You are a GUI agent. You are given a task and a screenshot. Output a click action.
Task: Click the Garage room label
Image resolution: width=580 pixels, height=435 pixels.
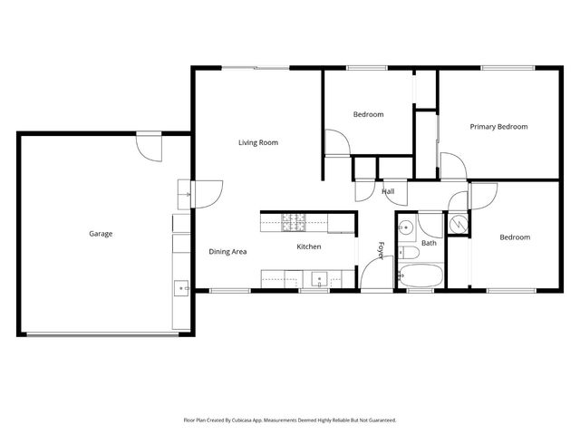[101, 234]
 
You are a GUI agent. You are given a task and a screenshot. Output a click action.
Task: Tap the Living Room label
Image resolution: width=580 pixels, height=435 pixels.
[258, 142]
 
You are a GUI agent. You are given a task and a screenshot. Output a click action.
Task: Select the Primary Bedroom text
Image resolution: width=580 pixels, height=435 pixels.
[498, 127]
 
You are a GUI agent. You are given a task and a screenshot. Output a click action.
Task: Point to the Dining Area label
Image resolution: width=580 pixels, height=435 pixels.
[228, 251]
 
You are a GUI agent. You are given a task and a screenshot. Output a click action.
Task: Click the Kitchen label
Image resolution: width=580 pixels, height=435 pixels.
[309, 247]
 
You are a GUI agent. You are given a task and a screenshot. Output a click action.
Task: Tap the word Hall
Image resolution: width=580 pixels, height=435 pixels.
[388, 191]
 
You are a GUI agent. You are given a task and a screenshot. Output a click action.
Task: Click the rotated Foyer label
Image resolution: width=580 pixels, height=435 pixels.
[382, 251]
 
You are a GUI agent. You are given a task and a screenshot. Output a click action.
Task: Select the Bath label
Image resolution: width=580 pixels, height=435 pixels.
[429, 243]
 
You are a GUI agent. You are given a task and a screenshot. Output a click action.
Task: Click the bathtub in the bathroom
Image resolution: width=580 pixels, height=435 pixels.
[420, 275]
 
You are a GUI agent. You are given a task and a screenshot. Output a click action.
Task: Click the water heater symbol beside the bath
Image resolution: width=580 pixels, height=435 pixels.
[458, 224]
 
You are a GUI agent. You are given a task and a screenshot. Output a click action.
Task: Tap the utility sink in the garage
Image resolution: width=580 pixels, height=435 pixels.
[182, 288]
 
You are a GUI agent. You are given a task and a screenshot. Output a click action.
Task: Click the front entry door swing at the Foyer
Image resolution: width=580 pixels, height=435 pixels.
[374, 275]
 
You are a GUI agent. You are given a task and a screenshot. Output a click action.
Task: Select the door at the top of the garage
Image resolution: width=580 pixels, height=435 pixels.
[149, 145]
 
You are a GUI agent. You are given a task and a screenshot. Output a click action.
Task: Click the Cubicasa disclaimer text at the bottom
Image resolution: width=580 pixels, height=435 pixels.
[290, 420]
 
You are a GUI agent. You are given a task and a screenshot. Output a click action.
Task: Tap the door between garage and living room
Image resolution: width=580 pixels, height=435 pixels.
[207, 193]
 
